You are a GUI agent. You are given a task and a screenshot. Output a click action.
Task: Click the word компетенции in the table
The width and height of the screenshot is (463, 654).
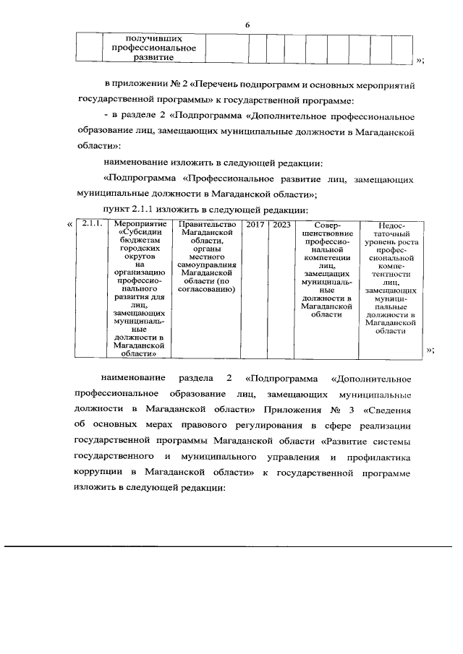point(326,257)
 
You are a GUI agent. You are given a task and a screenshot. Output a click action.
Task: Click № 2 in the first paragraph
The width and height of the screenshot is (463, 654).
point(170,85)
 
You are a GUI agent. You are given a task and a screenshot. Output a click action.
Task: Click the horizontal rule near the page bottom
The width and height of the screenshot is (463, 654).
point(231,545)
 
